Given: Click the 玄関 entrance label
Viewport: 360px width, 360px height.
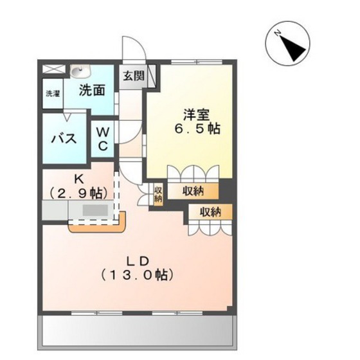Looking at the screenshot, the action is click(134, 76).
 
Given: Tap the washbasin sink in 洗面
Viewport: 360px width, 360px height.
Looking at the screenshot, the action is click(80, 71).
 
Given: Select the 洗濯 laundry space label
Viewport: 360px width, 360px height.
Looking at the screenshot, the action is click(53, 93).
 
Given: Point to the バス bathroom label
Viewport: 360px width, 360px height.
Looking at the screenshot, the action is click(64, 138).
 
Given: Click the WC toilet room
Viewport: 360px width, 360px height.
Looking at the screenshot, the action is click(103, 139).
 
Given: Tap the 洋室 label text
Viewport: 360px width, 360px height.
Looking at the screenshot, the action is click(197, 114).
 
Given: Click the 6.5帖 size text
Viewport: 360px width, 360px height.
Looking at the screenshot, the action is click(198, 129).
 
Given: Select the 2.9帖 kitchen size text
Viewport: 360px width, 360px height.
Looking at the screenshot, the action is click(78, 193).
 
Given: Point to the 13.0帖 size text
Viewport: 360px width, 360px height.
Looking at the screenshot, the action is click(137, 274).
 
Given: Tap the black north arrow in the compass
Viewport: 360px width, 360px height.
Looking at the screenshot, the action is click(292, 48).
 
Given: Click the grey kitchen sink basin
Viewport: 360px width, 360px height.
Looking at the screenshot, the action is click(95, 210).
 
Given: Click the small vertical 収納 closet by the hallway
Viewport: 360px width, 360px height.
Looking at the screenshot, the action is click(158, 194).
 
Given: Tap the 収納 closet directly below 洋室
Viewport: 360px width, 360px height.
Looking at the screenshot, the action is click(193, 191).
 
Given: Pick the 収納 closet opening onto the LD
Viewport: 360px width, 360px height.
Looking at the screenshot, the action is click(211, 212).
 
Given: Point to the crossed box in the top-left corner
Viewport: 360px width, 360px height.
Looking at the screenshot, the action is click(53, 69).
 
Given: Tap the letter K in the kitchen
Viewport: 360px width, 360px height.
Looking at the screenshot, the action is click(78, 179).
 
